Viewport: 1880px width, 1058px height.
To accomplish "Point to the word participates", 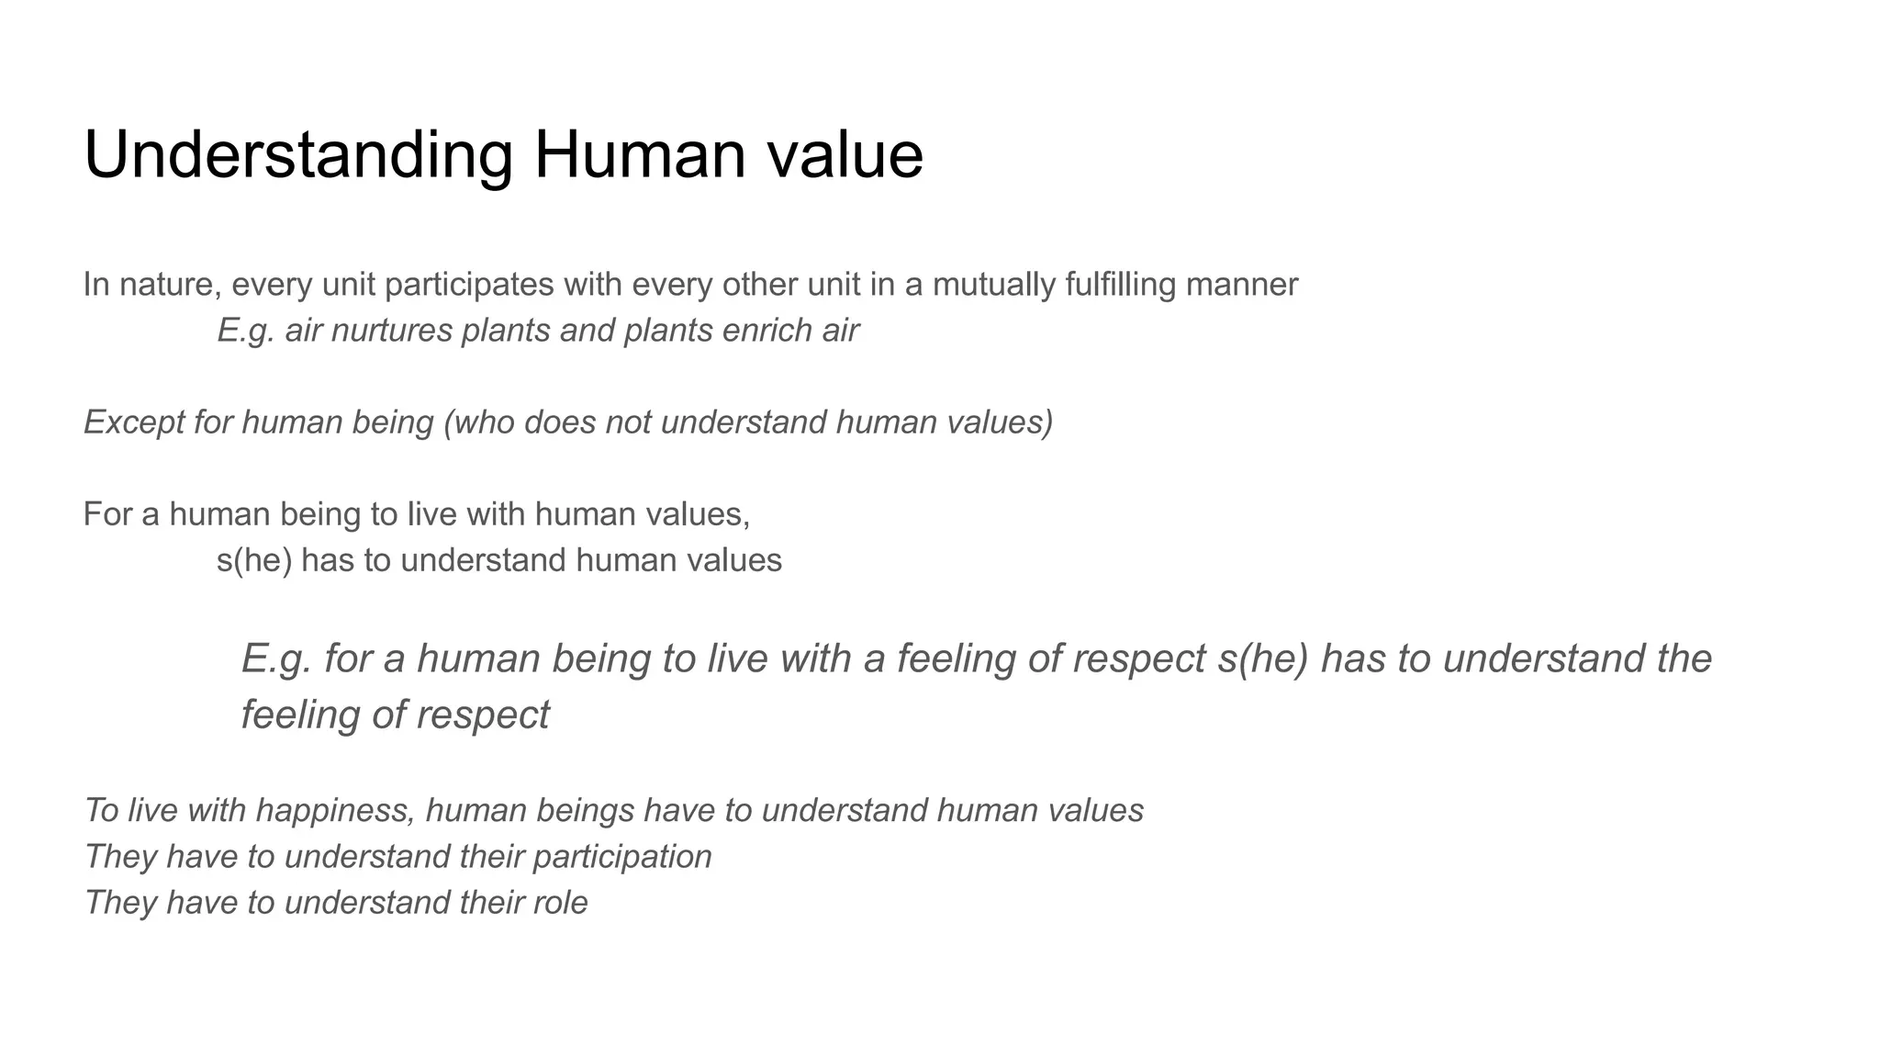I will pyautogui.click(x=468, y=286).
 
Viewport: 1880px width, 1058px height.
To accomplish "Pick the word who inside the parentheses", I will pyautogui.click(x=483, y=422).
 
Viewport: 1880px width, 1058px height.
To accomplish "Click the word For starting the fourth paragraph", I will pyautogui.click(x=107, y=514).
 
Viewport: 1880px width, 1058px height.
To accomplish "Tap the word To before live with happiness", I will pyautogui.click(x=101, y=811).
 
